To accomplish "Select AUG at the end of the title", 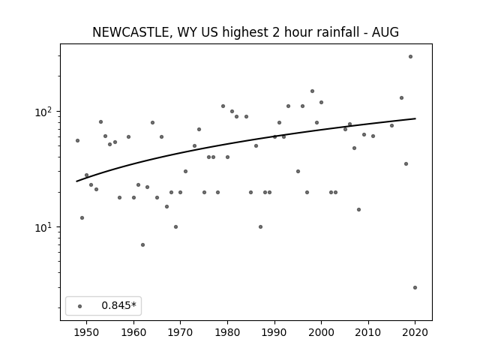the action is [385, 32].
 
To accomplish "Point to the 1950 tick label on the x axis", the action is [87, 332].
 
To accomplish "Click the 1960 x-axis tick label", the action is [133, 332].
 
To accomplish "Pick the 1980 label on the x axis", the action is [227, 332].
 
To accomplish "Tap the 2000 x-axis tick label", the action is [321, 332].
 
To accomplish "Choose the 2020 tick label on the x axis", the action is [415, 332].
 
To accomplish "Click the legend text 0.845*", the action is [118, 305].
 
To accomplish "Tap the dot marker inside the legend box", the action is [80, 306].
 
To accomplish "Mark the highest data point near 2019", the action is [410, 57].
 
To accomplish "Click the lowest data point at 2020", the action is [415, 287].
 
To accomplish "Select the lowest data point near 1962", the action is [142, 244].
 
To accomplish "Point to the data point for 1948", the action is [77, 140].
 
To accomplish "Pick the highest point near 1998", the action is [312, 91].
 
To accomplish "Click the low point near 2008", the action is [358, 209].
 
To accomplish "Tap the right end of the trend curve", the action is [415, 118].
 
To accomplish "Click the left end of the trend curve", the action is [76, 181].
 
